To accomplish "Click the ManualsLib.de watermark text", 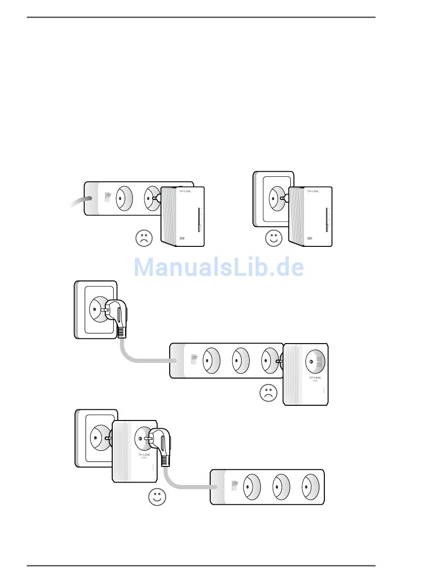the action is (x=218, y=268).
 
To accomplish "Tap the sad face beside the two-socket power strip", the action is (x=144, y=238).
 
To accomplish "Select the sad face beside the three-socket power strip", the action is (x=269, y=393).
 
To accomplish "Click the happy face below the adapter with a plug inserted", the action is (x=157, y=497).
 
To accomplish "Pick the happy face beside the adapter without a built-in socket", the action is (x=274, y=238).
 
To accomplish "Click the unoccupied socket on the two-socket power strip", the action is (x=123, y=198).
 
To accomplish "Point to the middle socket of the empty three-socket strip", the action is (x=281, y=487).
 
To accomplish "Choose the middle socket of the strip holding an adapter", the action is (x=240, y=360).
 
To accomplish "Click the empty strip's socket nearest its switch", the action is (x=251, y=487).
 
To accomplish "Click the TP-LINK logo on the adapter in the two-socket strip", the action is (x=184, y=191).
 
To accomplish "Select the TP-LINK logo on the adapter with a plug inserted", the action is (x=144, y=455).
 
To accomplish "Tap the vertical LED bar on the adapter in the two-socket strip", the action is (x=199, y=220).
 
